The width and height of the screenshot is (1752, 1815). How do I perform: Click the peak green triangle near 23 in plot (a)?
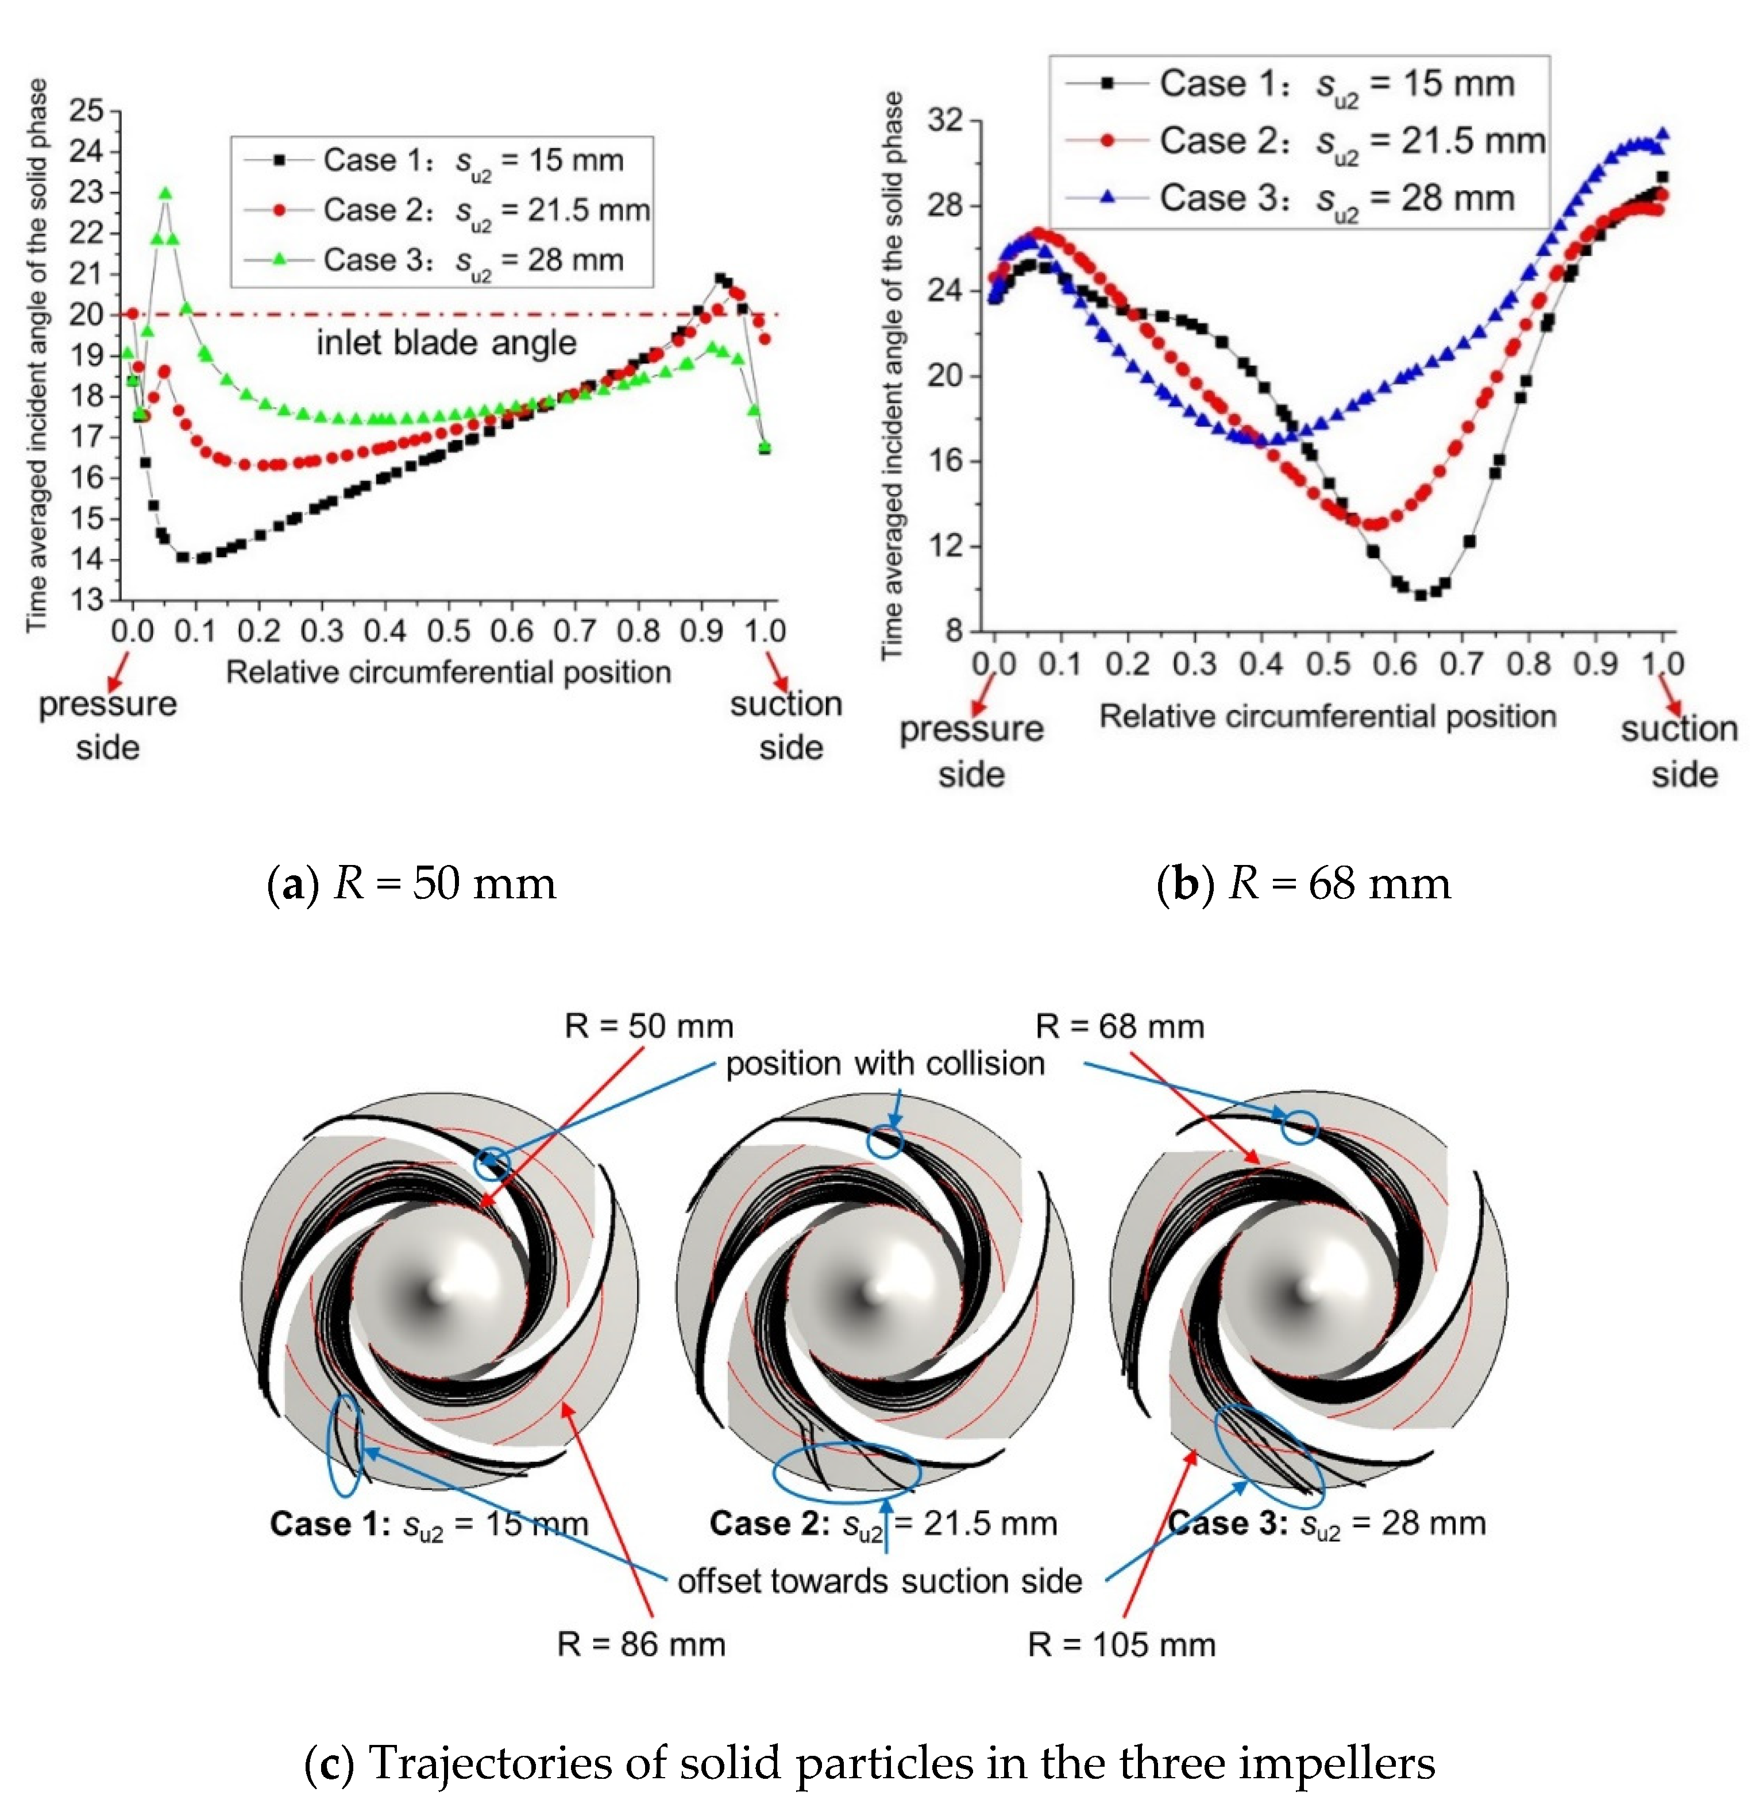(x=166, y=192)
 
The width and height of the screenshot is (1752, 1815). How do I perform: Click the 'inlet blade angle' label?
(x=446, y=343)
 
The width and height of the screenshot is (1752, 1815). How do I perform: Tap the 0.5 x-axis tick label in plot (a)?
(x=448, y=632)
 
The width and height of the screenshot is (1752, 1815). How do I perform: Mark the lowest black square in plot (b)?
(x=1419, y=594)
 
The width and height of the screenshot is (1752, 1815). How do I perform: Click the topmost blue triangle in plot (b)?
(x=1663, y=133)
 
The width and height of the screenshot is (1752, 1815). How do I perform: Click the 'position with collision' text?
(x=885, y=1063)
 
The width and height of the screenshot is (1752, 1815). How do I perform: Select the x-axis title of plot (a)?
(x=448, y=672)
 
